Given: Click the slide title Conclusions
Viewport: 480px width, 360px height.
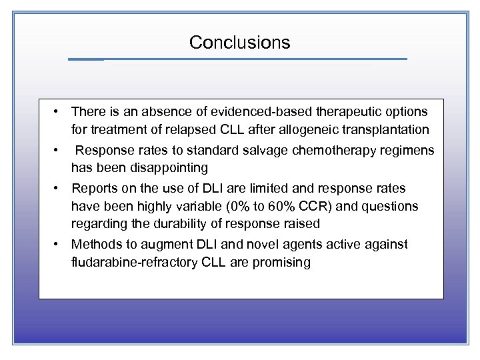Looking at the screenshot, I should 239,43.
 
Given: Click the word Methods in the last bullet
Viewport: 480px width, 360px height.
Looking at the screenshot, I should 95,245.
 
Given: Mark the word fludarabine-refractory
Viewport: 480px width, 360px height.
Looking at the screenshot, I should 130,262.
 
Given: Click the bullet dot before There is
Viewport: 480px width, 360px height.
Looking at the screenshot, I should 59,111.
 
